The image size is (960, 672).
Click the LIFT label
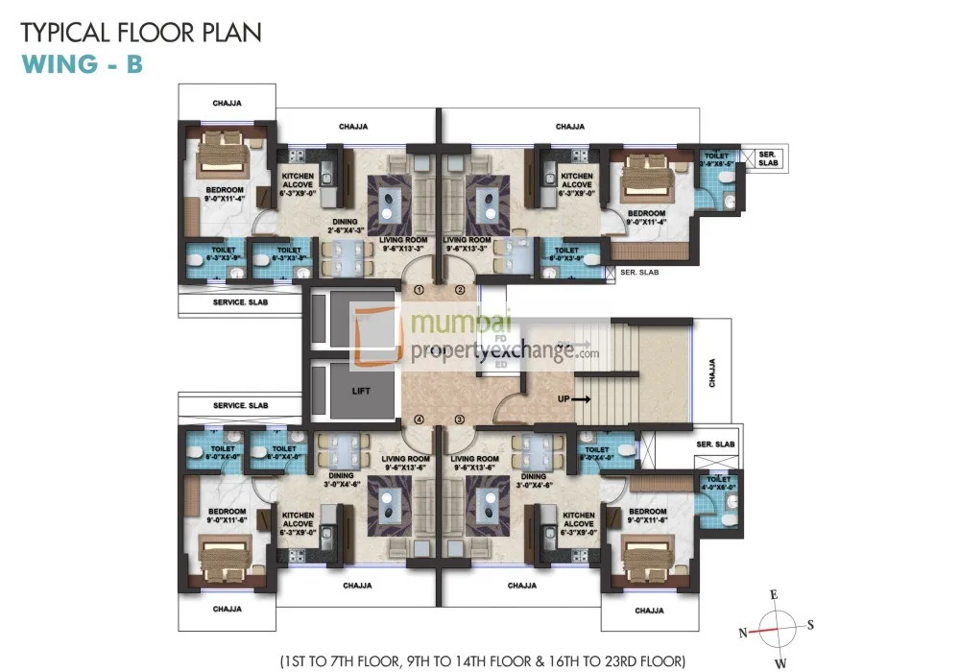pos(360,391)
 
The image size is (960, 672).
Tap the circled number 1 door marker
pos(419,289)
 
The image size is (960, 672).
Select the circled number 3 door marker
pos(460,420)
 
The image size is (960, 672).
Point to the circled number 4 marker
pos(419,420)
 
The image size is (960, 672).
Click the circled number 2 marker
pos(460,289)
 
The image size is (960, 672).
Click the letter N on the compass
pos(742,632)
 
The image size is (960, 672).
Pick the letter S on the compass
pos(811,625)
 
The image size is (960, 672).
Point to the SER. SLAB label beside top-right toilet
pos(768,158)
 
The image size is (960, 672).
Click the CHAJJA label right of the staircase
pos(711,369)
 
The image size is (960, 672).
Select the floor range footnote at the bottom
pos(483,660)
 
